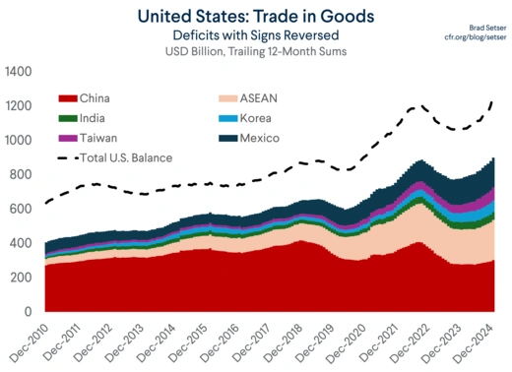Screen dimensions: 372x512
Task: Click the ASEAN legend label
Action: [x=259, y=98]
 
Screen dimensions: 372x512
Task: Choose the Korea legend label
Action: [x=257, y=118]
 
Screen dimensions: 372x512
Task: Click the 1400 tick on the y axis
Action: [x=17, y=73]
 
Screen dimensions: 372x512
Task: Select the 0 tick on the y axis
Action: [x=27, y=312]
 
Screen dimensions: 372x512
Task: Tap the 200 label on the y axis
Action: [x=20, y=278]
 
